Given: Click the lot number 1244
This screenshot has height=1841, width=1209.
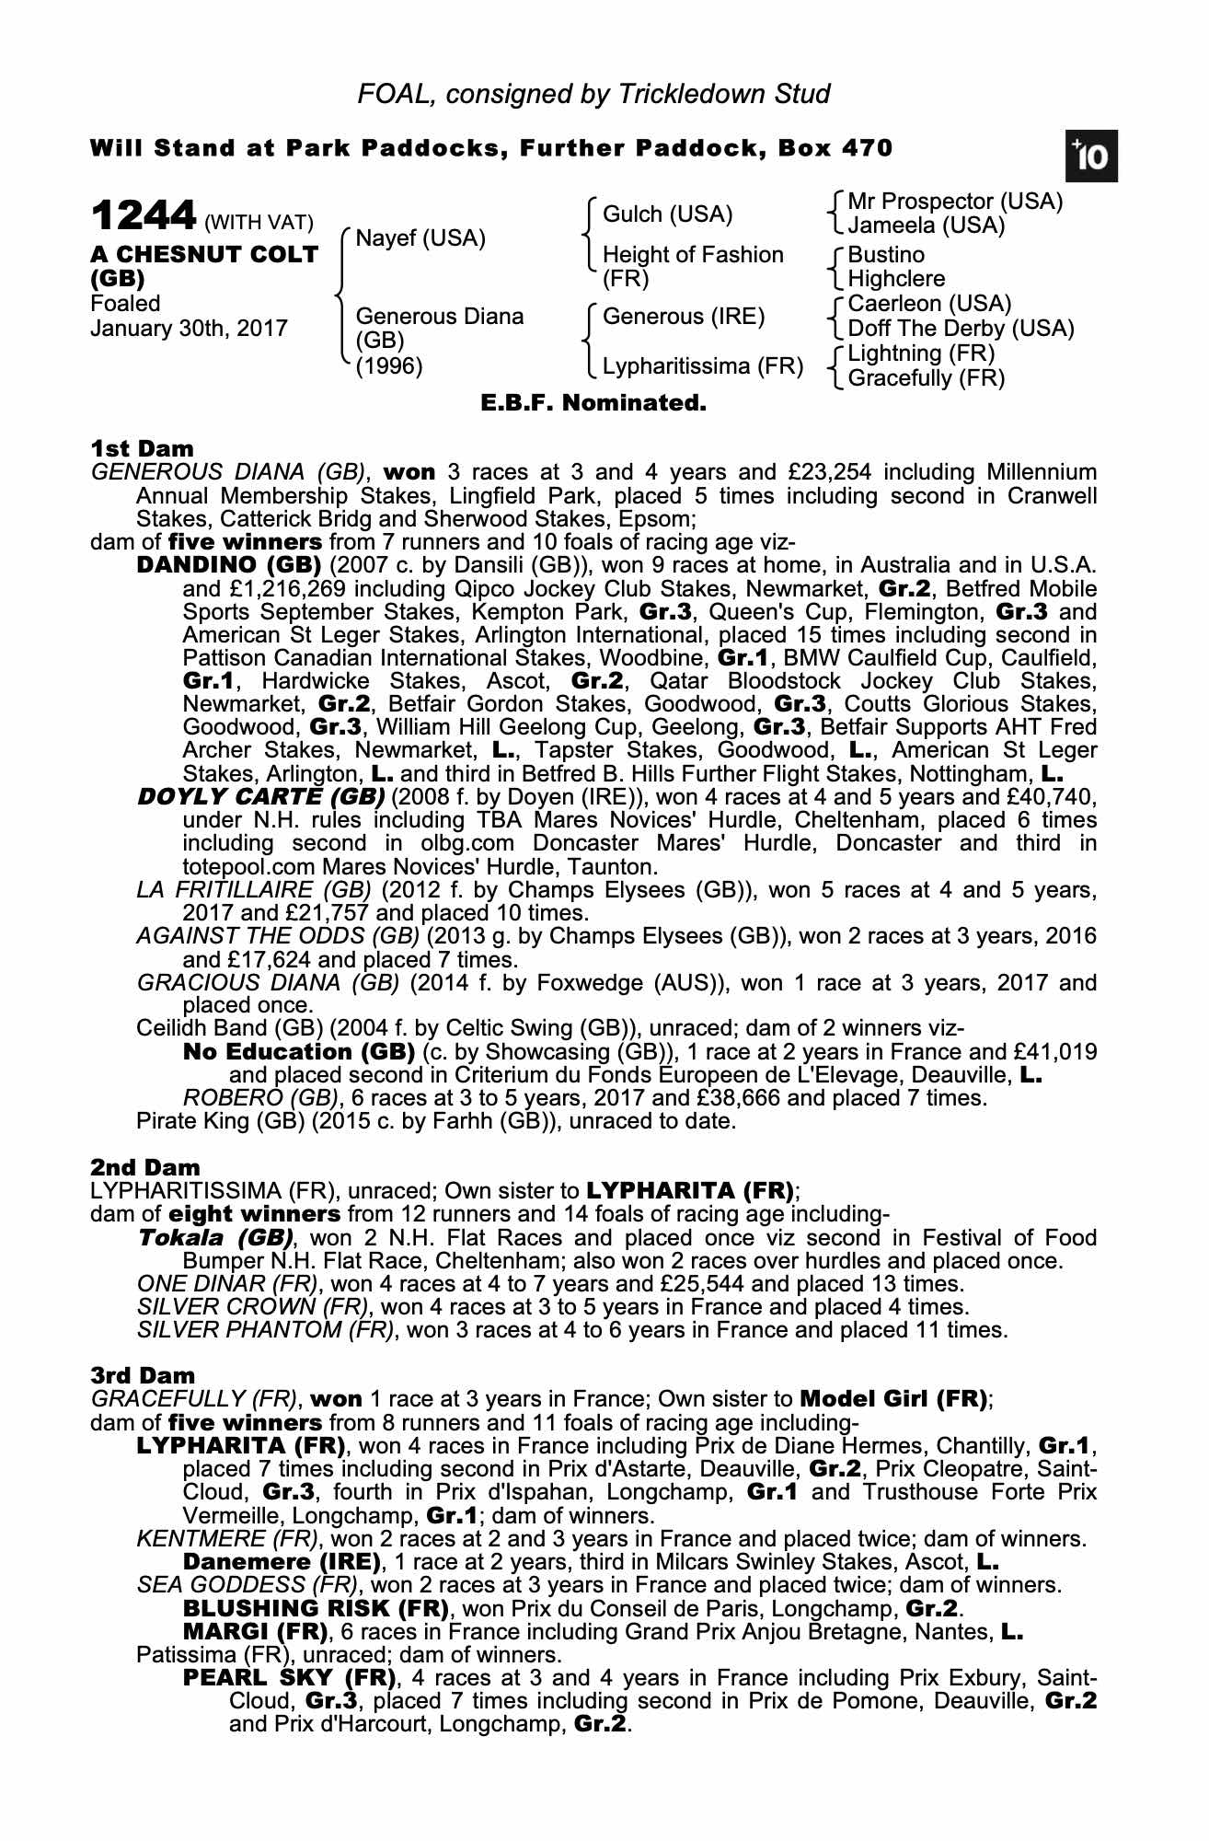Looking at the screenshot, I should pyautogui.click(x=144, y=217).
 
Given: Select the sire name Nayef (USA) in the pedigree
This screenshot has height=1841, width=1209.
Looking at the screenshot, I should pyautogui.click(x=420, y=238).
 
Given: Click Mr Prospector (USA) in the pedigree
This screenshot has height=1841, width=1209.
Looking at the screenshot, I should pyautogui.click(x=954, y=202).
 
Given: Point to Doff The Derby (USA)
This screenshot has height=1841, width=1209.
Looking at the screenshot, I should pyautogui.click(x=961, y=329).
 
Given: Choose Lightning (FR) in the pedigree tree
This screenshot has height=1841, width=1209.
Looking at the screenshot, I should pyautogui.click(x=921, y=353).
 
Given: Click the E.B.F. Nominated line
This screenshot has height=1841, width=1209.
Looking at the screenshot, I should pyautogui.click(x=593, y=403).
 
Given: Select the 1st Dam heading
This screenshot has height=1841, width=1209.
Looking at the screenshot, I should pyautogui.click(x=142, y=449).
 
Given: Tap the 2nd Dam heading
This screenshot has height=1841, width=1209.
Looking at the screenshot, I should pyautogui.click(x=144, y=1168).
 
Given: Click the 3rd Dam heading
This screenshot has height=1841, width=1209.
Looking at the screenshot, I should pyautogui.click(x=143, y=1375).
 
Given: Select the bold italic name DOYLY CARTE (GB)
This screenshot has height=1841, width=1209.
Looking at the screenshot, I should pyautogui.click(x=260, y=796).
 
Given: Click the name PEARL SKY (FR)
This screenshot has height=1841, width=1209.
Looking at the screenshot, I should pyautogui.click(x=289, y=1676).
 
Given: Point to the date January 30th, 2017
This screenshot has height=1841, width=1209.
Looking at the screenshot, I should pyautogui.click(x=189, y=329).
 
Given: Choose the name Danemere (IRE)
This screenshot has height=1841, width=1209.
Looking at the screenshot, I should pyautogui.click(x=282, y=1562).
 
